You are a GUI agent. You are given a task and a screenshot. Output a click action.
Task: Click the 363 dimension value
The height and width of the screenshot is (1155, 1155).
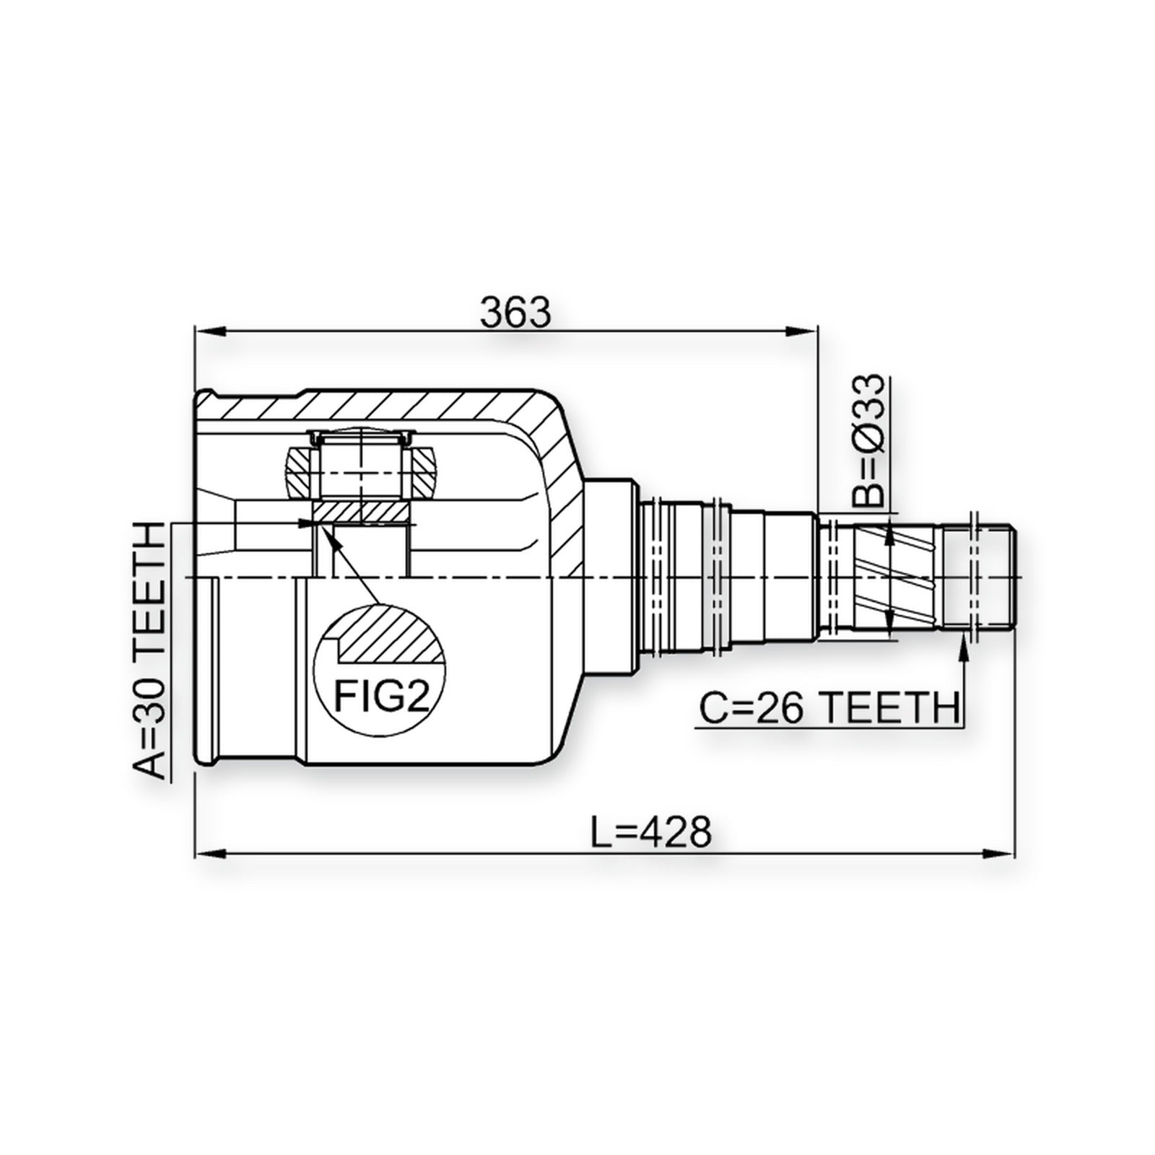click(515, 313)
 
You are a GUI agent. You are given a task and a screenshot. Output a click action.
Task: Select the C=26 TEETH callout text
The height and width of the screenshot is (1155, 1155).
click(828, 708)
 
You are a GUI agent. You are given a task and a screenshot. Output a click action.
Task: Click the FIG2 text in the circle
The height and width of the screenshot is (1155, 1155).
click(382, 697)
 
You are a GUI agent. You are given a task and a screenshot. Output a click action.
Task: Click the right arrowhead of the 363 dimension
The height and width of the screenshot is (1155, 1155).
click(803, 331)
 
